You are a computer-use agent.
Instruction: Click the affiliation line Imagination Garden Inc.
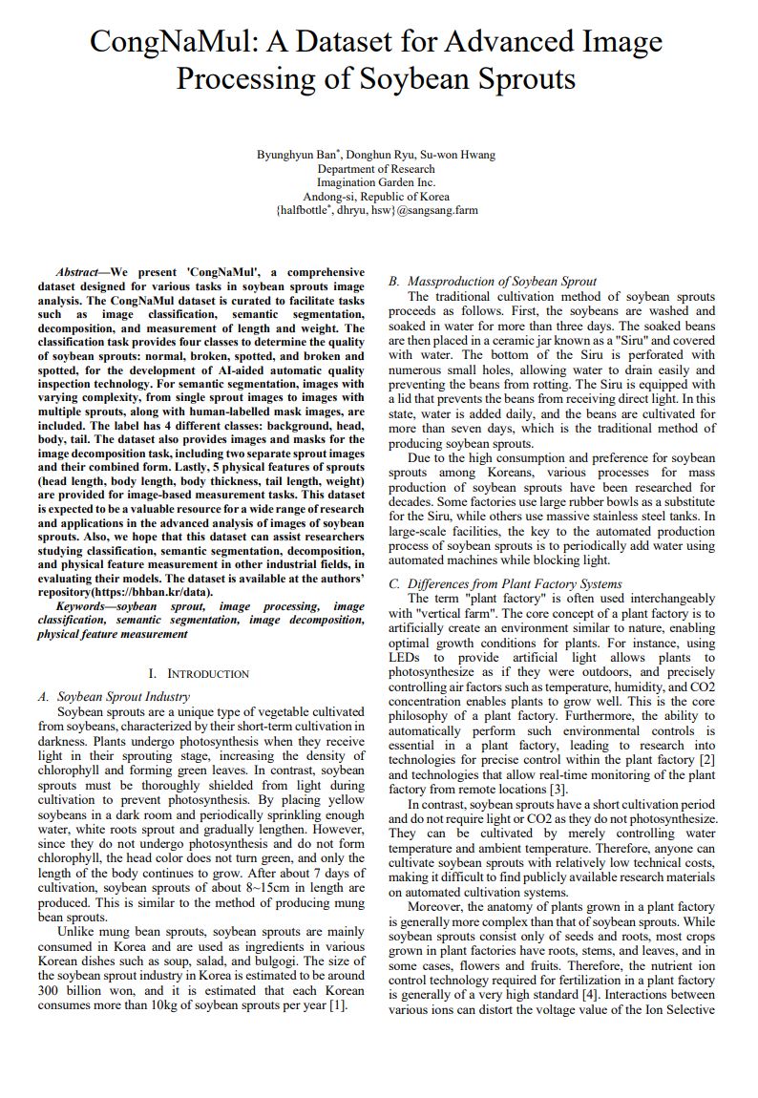point(376,182)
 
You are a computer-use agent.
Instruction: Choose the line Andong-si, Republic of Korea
point(376,196)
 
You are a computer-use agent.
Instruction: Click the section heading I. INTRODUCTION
point(200,674)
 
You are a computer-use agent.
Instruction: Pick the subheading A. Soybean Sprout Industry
point(114,697)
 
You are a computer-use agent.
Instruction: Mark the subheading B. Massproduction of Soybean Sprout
point(492,282)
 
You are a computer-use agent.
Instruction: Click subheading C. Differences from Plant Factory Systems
point(505,583)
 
